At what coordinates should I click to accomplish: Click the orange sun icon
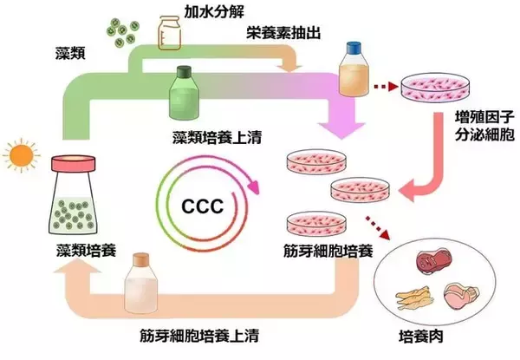click(x=18, y=157)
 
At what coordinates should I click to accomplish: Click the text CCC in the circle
click(x=204, y=207)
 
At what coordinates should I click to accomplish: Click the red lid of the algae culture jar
click(x=77, y=162)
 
